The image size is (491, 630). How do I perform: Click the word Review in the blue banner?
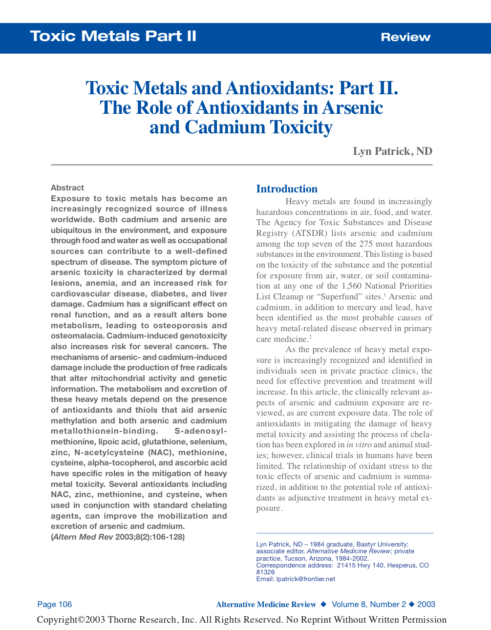pos(406,37)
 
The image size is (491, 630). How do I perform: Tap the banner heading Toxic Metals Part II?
pos(113,36)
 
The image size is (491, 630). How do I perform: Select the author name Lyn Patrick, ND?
pos(392,151)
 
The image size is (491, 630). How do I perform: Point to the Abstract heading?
pos(67,188)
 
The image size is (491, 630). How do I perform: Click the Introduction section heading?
pos(287,189)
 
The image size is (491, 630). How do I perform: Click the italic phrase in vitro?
pos(359,445)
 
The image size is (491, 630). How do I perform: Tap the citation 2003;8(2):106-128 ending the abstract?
pos(149,537)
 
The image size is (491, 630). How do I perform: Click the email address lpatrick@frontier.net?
pos(306,579)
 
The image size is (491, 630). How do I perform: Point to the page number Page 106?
pos(55,605)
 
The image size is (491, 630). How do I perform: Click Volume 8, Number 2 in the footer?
pos(369,605)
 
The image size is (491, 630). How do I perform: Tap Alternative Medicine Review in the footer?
pos(266,605)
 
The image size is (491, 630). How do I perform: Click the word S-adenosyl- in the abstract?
pos(200,431)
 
